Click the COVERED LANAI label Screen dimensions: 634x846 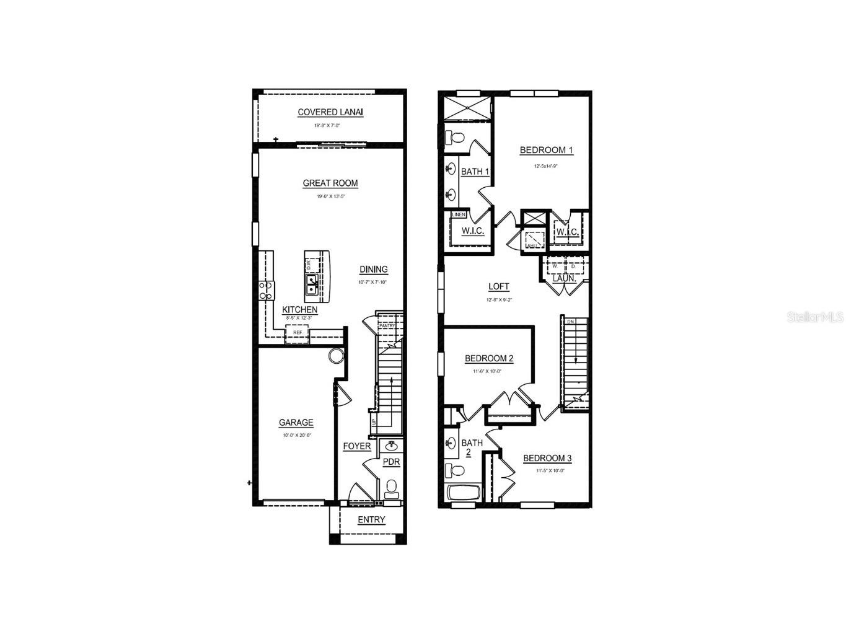pyautogui.click(x=330, y=112)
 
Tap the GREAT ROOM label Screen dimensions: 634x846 pyautogui.click(x=330, y=183)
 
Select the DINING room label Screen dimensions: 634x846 pyautogui.click(x=373, y=269)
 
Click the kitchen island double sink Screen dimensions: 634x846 pyautogui.click(x=312, y=286)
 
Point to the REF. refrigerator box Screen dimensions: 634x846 pyautogui.click(x=297, y=333)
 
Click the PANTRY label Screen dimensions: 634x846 pyautogui.click(x=387, y=325)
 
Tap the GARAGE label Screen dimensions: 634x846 pyautogui.click(x=296, y=423)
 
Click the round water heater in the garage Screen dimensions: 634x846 pyautogui.click(x=336, y=356)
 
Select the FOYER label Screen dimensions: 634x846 pyautogui.click(x=356, y=446)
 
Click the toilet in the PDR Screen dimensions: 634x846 pyautogui.click(x=391, y=488)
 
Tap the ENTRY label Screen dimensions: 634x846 pyautogui.click(x=371, y=520)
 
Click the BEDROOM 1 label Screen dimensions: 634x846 pyautogui.click(x=546, y=150)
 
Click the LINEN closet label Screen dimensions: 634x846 pyautogui.click(x=459, y=214)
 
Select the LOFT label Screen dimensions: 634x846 pyautogui.click(x=498, y=286)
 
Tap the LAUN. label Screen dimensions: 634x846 pyautogui.click(x=564, y=278)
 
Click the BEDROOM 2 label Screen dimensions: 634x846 pyautogui.click(x=489, y=358)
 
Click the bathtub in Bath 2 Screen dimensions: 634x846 pyautogui.click(x=464, y=493)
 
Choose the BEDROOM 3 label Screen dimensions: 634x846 pyautogui.click(x=547, y=458)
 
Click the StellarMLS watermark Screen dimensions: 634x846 pyautogui.click(x=814, y=317)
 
